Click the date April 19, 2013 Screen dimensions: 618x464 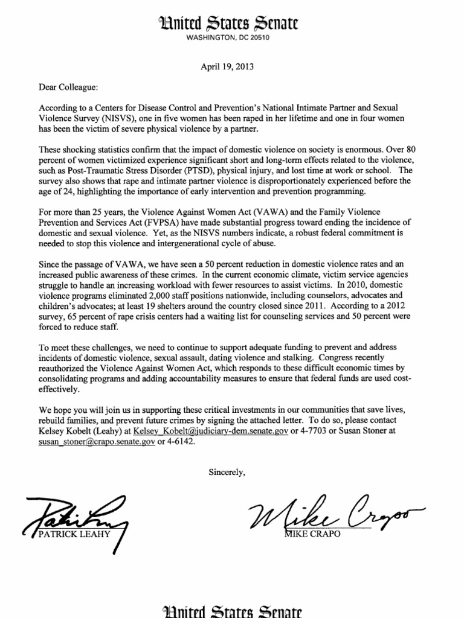[227, 67]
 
